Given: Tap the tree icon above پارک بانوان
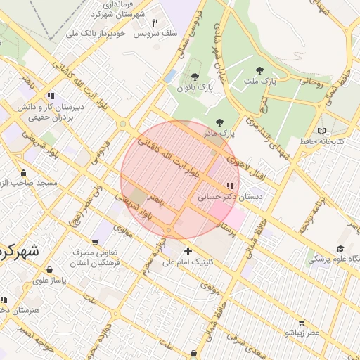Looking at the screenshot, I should point(195,77).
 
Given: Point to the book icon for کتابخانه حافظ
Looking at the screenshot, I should point(321,131).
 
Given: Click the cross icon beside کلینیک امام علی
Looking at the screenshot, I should point(187,252).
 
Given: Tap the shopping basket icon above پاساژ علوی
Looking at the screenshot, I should point(49,269).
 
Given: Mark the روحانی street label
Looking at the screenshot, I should point(310,82).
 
